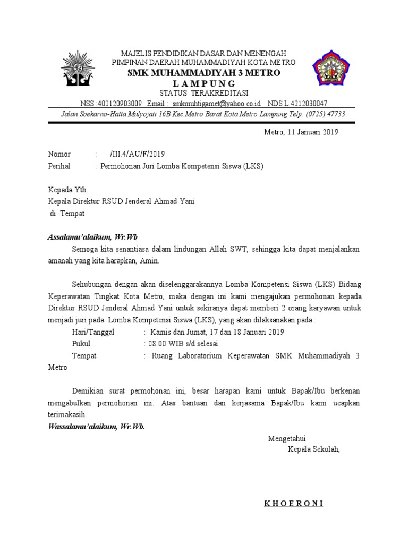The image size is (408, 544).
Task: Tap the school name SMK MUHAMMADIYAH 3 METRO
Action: [x=203, y=73]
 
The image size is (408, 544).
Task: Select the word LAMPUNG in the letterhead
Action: [x=204, y=83]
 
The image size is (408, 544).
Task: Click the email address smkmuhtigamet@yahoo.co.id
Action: [x=216, y=104]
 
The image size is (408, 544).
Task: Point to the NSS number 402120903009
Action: [x=111, y=104]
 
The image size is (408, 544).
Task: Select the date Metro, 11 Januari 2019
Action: [x=301, y=132]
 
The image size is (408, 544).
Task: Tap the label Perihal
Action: [x=58, y=166]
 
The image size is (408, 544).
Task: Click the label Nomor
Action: [x=59, y=155]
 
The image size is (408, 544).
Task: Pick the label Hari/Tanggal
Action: [x=96, y=332]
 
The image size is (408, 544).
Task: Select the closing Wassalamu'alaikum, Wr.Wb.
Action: [x=96, y=427]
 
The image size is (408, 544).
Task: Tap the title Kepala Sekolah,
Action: [x=313, y=449]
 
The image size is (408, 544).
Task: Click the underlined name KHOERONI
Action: [x=294, y=504]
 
